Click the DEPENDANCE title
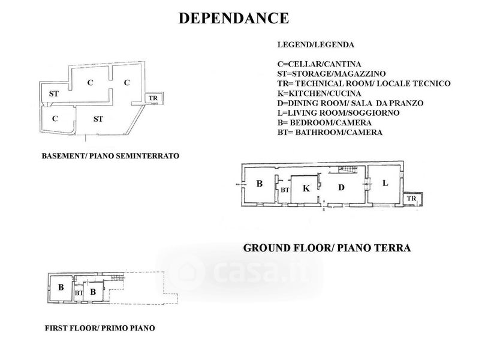234,19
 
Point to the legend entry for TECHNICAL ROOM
364,83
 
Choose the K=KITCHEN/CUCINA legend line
319,94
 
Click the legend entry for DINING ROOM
351,103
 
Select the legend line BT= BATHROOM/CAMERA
330,133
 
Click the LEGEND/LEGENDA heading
315,44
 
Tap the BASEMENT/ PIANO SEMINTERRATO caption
111,156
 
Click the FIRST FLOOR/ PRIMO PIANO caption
100,328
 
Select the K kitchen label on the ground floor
306,188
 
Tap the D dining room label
341,187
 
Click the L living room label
385,182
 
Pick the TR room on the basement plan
153,98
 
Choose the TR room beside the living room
412,199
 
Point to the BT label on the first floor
79,293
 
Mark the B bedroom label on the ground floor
260,184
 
